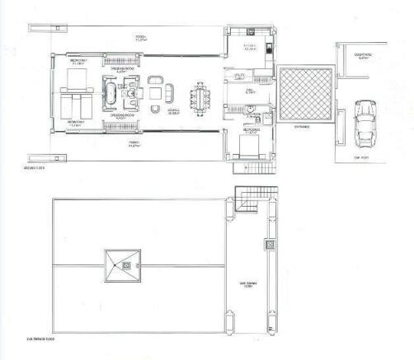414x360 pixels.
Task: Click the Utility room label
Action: pos(241,77)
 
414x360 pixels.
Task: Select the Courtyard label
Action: pos(364,56)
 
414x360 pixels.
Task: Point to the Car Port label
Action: pos(360,157)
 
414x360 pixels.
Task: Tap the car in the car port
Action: pos(362,122)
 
